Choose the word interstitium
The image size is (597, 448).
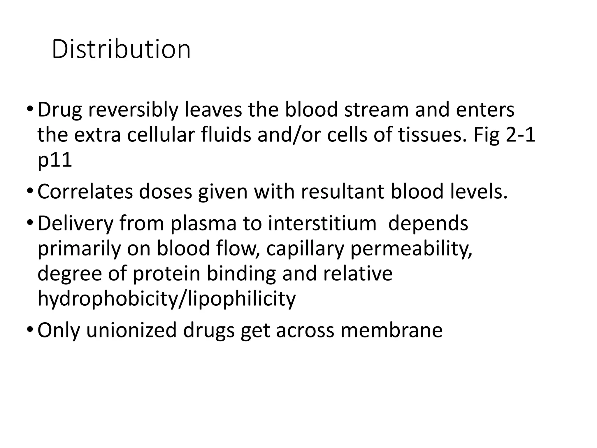[322, 223]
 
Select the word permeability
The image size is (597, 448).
[411, 249]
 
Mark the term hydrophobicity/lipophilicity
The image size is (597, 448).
[166, 299]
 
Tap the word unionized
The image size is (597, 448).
[131, 330]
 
